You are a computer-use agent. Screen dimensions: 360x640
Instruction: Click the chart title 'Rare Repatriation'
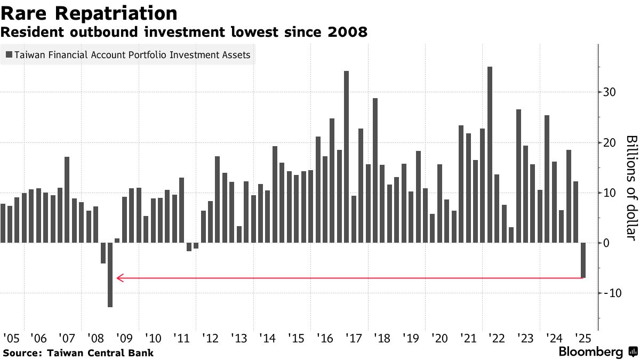[x=90, y=13]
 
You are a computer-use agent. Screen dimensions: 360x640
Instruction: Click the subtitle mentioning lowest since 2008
[x=184, y=32]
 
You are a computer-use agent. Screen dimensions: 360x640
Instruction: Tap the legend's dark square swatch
[x=9, y=54]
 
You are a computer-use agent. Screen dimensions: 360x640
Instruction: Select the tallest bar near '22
[x=490, y=155]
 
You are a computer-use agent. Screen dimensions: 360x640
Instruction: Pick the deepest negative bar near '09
[x=110, y=274]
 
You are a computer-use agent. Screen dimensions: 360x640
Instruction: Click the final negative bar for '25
[x=583, y=260]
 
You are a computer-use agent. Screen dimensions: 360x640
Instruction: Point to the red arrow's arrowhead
[x=119, y=277]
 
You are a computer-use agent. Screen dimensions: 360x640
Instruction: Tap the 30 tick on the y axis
[x=610, y=92]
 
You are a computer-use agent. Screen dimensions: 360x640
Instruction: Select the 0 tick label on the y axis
[x=605, y=243]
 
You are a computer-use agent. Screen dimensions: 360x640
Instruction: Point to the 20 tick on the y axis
[x=610, y=142]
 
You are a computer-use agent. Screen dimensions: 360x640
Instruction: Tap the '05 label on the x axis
[x=11, y=338]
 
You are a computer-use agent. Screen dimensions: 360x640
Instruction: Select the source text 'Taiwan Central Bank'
[x=100, y=353]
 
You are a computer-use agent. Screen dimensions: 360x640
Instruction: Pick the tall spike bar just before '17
[x=346, y=157]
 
